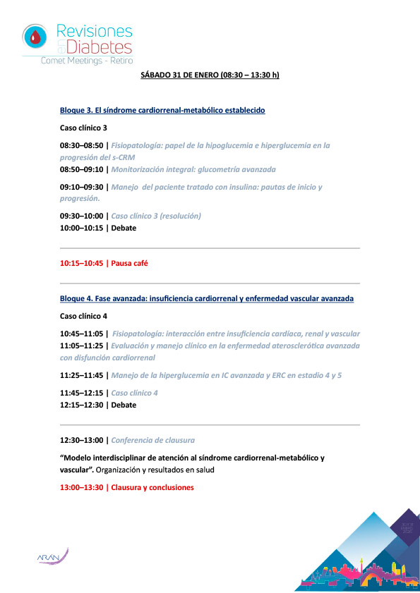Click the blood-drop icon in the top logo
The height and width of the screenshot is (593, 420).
[x=34, y=36]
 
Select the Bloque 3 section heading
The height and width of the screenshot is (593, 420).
[x=162, y=111]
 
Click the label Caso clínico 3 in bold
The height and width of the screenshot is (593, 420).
[x=84, y=128]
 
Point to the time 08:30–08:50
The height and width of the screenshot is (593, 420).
[x=81, y=145]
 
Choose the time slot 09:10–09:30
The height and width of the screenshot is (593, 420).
[x=81, y=187]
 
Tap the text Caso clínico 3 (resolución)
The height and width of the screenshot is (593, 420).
[x=157, y=216]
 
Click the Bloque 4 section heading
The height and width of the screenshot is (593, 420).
[x=207, y=299]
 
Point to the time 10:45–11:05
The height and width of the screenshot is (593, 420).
[x=81, y=334]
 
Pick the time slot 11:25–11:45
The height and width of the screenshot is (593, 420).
[x=81, y=375]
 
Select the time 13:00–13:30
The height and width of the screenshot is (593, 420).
[x=81, y=487]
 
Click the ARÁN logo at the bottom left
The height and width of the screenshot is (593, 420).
[x=52, y=557]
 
